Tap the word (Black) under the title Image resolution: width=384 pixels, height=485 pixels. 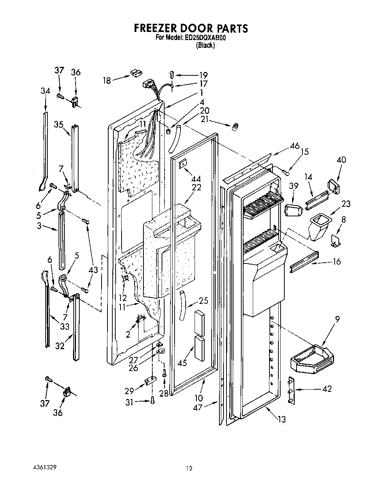(205, 45)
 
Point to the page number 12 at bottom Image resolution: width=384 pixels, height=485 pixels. (189, 469)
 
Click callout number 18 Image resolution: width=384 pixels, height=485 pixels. (107, 80)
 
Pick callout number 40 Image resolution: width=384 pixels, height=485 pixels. (341, 160)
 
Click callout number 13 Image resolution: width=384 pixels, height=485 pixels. (282, 419)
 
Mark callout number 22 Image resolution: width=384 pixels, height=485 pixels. (196, 187)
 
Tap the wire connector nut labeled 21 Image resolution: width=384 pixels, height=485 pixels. (234, 128)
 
